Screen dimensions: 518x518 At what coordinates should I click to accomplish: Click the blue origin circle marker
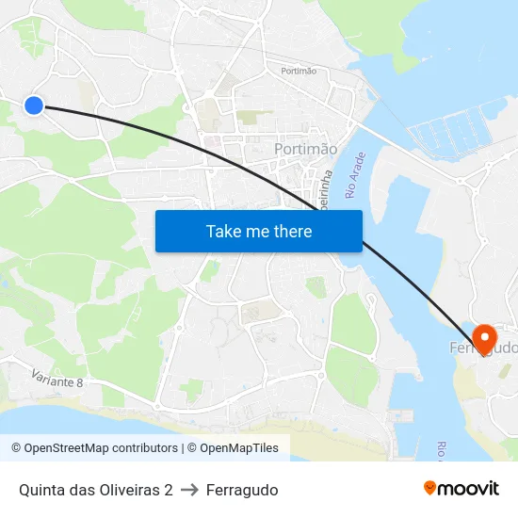34,105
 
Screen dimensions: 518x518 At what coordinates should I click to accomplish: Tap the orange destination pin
485,340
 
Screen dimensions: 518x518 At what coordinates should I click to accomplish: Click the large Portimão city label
305,150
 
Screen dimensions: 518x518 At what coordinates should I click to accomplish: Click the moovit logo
461,488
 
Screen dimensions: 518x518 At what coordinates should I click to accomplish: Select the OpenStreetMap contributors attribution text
94,448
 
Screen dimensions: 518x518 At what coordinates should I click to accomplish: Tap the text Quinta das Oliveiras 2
95,490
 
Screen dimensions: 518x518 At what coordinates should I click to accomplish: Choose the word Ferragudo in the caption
242,490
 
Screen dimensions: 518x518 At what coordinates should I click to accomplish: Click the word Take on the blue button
225,232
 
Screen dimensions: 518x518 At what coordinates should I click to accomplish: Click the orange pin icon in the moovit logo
430,488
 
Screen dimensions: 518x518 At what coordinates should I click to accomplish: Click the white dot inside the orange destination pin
485,335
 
